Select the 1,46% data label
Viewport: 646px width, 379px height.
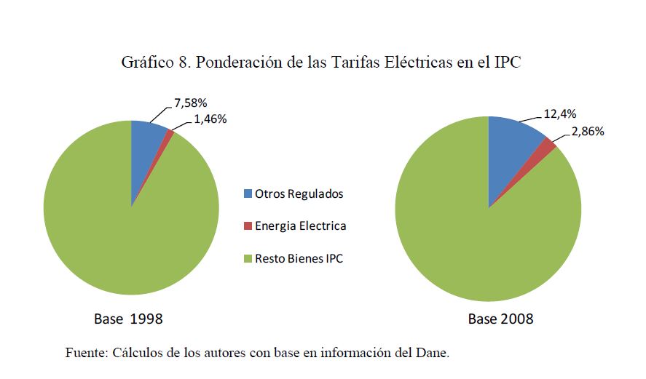(210, 119)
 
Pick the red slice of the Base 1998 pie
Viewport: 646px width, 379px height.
(170, 134)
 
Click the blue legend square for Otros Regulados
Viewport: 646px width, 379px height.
(248, 194)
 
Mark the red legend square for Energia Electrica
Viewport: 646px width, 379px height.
(248, 226)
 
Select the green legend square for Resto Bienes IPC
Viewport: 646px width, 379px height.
(248, 258)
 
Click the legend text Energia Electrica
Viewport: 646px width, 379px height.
(300, 226)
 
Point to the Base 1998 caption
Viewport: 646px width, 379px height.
(128, 319)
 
